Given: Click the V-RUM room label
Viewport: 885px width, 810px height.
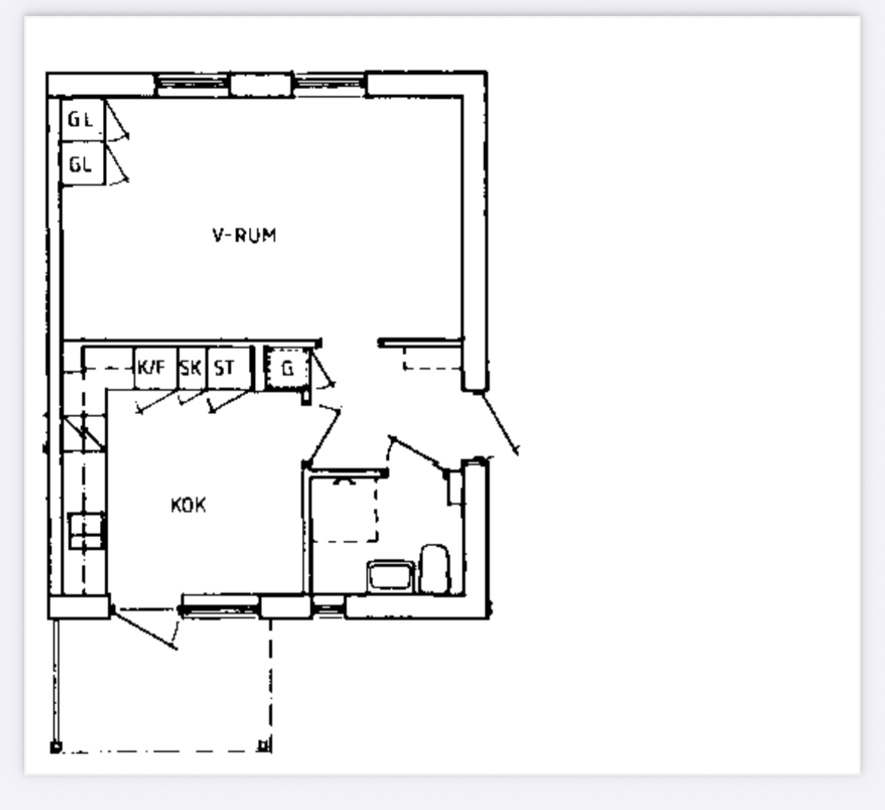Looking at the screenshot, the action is coord(244,235).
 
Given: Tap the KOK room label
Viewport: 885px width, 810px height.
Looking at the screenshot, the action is coord(188,505).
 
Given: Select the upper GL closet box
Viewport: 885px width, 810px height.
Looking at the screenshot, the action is coord(82,120).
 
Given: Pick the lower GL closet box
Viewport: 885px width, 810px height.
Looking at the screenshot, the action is coord(82,163).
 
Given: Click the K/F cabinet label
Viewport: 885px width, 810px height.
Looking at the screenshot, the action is coord(151,367).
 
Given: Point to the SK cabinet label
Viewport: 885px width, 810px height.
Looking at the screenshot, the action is coord(191,367).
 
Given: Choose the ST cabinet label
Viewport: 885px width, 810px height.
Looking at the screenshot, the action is coord(224,367).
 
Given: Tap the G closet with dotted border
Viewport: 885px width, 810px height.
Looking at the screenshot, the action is coord(288,369).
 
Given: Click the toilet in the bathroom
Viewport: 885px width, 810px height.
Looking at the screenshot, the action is coord(435,569).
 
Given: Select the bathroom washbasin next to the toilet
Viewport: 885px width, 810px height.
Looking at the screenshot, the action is coord(390,576).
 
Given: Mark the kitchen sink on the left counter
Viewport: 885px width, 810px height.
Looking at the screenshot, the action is coord(85,530).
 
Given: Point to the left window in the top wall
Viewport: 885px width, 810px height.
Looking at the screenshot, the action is coord(192,84).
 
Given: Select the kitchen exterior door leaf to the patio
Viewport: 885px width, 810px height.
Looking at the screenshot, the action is coord(144,629).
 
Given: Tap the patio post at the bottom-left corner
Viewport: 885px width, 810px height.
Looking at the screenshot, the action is coord(55,747).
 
